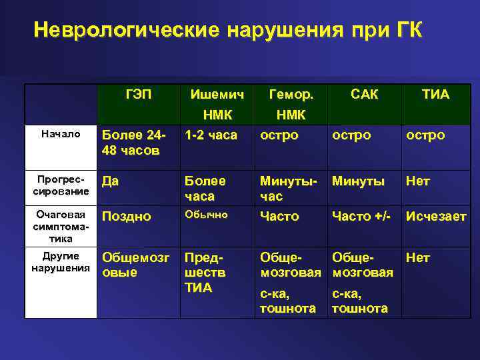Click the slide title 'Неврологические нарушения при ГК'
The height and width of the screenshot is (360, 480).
tap(227, 31)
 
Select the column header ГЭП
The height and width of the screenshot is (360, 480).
tap(139, 95)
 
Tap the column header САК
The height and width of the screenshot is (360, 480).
tap(365, 95)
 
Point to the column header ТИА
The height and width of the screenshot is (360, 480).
tap(435, 95)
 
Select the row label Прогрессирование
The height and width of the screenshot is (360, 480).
tap(61, 186)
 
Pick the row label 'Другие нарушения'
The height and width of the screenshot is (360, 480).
tap(61, 262)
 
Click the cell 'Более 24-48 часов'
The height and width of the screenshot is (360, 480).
tap(134, 143)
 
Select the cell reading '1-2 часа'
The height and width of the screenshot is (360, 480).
tap(211, 135)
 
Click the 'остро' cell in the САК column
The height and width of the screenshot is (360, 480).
tap(351, 135)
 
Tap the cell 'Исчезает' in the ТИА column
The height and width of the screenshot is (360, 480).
tap(436, 217)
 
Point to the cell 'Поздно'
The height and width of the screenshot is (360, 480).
tap(127, 217)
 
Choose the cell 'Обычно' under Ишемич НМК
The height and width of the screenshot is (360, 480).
tap(206, 215)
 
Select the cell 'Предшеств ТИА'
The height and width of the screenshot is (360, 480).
tap(205, 273)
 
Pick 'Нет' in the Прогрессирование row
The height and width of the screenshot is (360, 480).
tap(418, 181)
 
